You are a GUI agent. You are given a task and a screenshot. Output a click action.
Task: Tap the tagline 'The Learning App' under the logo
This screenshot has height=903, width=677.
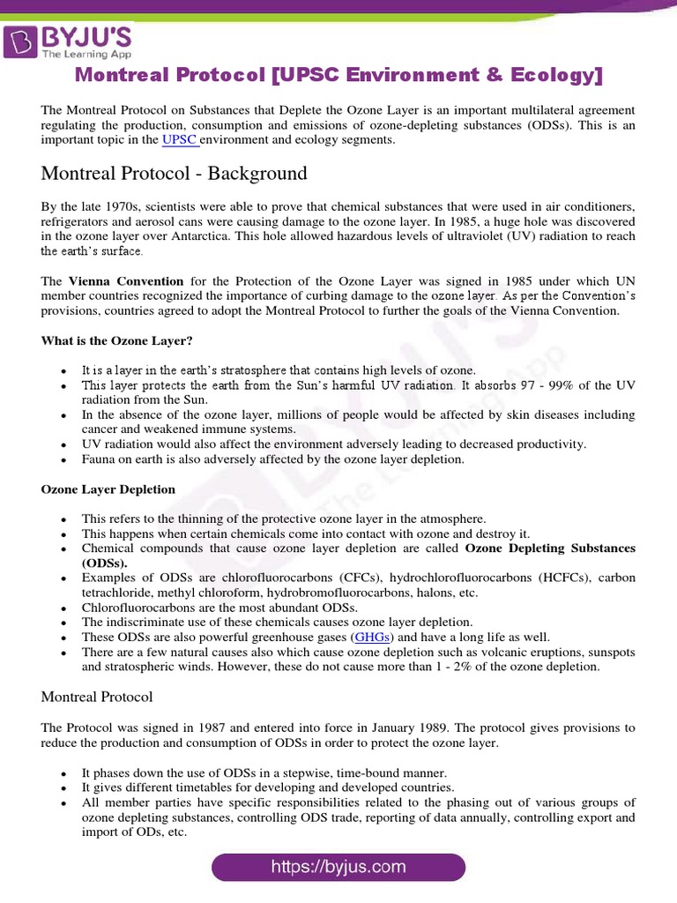tap(82, 53)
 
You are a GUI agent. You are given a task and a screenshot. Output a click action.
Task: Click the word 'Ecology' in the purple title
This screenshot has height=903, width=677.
tap(556, 76)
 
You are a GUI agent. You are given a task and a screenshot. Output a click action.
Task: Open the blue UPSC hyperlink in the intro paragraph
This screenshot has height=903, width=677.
tap(179, 139)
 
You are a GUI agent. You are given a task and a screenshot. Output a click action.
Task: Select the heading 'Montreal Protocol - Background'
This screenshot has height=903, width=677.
tap(174, 173)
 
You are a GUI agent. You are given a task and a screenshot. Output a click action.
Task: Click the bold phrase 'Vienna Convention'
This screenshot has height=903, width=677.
tap(125, 281)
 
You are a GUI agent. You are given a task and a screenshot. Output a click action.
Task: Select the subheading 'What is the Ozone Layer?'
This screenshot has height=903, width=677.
tap(116, 340)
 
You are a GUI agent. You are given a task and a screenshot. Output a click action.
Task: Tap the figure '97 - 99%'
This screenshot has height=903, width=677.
tap(543, 385)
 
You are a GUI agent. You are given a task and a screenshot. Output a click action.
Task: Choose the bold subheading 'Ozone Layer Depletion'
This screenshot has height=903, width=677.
tap(108, 489)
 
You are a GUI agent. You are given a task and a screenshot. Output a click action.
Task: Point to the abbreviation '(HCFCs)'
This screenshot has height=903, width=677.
tap(536, 578)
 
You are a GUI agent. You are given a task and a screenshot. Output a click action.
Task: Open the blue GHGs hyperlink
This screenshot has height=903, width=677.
tap(373, 637)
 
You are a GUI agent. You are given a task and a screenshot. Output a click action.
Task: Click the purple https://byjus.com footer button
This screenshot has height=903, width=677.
tap(338, 867)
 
